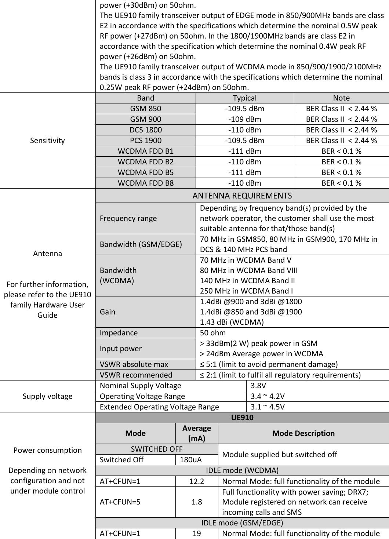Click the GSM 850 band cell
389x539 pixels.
click(145, 109)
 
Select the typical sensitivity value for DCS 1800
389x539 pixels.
click(244, 130)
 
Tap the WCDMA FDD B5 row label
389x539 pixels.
click(145, 172)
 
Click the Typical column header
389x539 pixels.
click(244, 98)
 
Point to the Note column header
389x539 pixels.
click(341, 98)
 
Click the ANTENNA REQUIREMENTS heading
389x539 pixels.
click(242, 196)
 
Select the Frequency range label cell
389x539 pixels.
click(128, 218)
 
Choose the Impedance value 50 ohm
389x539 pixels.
click(213, 333)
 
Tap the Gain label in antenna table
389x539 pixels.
click(108, 312)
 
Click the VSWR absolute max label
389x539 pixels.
click(134, 364)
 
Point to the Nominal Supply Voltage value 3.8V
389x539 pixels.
click(258, 386)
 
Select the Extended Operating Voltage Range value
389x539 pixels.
click(267, 407)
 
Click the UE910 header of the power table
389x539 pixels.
click(242, 418)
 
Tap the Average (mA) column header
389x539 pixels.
click(197, 433)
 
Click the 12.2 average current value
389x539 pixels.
click(197, 481)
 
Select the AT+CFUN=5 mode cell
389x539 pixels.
click(120, 502)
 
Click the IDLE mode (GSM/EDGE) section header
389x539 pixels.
click(242, 523)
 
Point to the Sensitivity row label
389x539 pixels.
click(47, 141)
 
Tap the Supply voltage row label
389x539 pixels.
click(47, 396)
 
